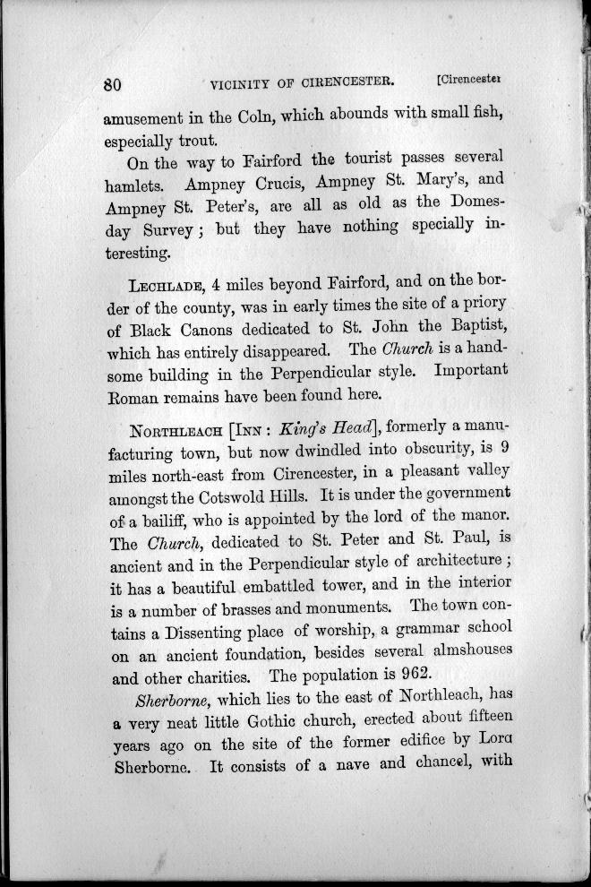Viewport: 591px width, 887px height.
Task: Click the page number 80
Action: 112,85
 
